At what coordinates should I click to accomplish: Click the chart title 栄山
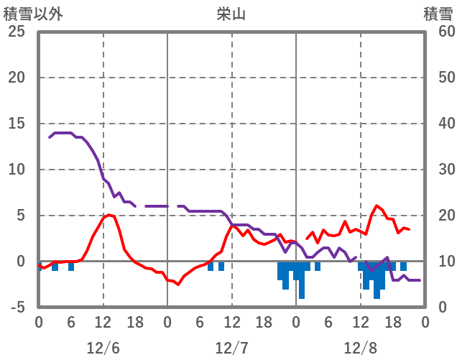click(x=231, y=14)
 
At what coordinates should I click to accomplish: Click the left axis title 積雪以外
click(x=33, y=14)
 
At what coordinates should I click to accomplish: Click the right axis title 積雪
click(x=438, y=14)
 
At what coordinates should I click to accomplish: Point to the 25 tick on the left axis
click(x=16, y=32)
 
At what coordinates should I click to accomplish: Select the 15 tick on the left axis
click(x=16, y=124)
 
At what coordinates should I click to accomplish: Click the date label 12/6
click(x=103, y=348)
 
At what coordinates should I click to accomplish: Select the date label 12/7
click(x=231, y=348)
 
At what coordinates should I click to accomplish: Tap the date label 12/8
click(x=360, y=348)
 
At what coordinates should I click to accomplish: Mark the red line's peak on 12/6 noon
click(x=108, y=214)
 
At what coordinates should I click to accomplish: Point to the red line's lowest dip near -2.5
click(x=178, y=285)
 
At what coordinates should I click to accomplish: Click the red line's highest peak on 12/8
click(x=377, y=206)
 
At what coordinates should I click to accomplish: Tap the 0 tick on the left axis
click(x=21, y=262)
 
